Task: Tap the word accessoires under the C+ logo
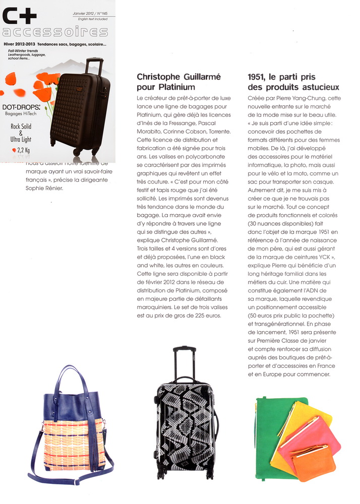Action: [x=54, y=33]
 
